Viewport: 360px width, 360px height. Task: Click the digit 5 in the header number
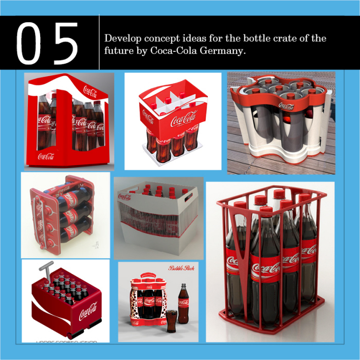(x=65, y=44)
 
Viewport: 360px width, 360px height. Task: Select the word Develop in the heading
(x=121, y=39)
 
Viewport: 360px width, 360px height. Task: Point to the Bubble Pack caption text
(x=180, y=268)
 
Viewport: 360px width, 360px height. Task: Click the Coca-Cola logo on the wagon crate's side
(x=88, y=312)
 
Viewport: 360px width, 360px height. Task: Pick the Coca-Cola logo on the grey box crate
(x=124, y=196)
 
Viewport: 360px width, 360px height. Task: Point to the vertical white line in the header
(x=99, y=42)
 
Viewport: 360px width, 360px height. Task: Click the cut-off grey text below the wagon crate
(x=66, y=340)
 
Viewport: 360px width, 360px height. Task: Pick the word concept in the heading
(x=160, y=39)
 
